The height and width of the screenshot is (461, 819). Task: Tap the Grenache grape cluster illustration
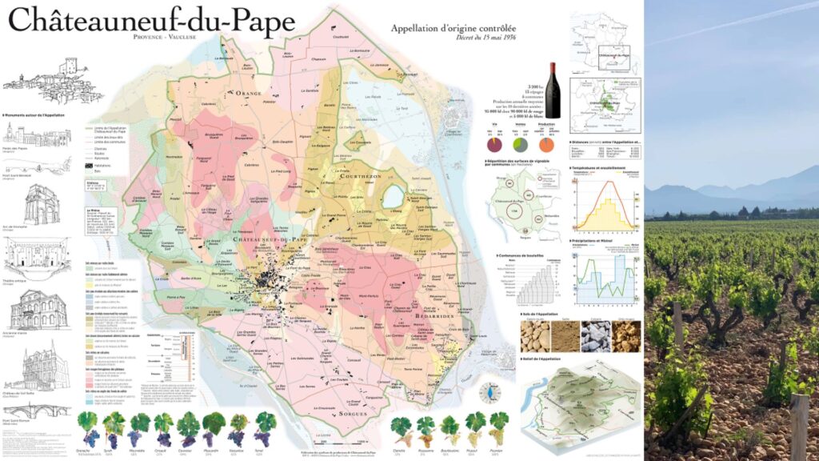coord(87,428)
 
